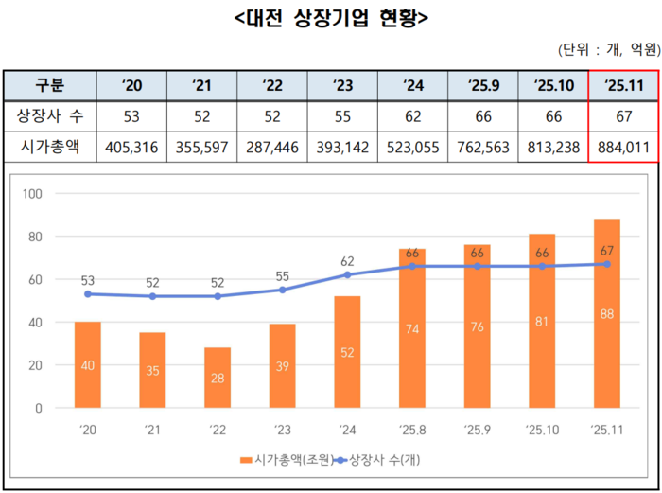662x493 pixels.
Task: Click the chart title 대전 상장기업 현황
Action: [x=330, y=16]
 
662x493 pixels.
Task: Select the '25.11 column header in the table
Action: [x=623, y=86]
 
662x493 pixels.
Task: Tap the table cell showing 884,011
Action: [x=623, y=147]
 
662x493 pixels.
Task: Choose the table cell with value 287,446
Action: [x=272, y=147]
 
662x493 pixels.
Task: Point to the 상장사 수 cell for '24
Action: [x=413, y=116]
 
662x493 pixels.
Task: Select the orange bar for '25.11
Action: [x=607, y=313]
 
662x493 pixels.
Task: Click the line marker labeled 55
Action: [x=283, y=290]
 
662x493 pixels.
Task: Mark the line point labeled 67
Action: [x=607, y=264]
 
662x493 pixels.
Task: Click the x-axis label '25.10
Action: [x=542, y=429]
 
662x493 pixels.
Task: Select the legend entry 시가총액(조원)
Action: [x=289, y=461]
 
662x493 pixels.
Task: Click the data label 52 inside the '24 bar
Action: [x=348, y=351]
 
